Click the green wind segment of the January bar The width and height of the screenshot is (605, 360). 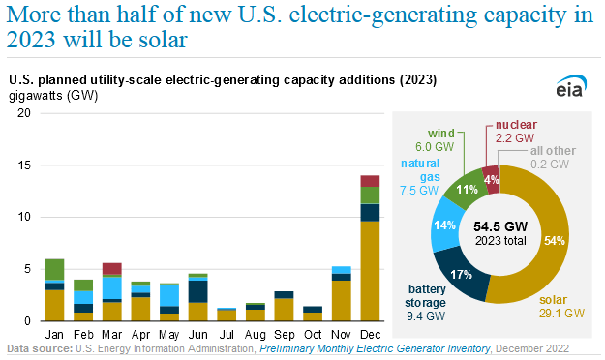(54, 269)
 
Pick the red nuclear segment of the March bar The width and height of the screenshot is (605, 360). (111, 268)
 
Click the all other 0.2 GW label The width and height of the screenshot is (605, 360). (553, 157)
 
